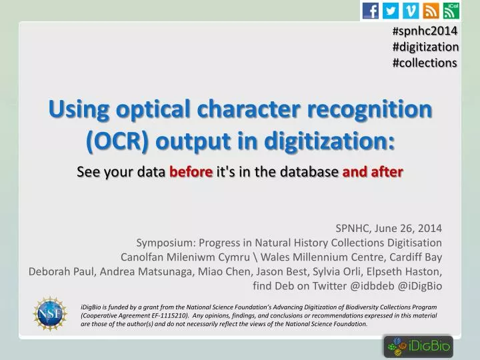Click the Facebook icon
(x=371, y=10)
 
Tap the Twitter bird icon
(x=391, y=10)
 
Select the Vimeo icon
(x=411, y=10)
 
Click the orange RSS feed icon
(x=431, y=10)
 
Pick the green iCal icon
(x=451, y=10)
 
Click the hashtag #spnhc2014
(x=425, y=31)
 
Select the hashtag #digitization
(x=425, y=47)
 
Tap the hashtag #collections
(x=425, y=63)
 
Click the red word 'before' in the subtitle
(x=191, y=172)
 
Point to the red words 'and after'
(x=372, y=172)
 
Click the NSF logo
(x=50, y=314)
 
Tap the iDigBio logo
(x=418, y=346)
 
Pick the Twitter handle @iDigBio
(x=421, y=286)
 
